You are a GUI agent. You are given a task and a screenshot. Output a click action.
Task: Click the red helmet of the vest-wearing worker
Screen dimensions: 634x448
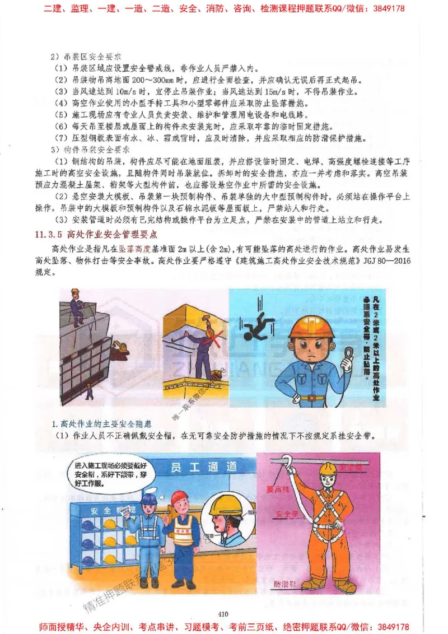(180, 497)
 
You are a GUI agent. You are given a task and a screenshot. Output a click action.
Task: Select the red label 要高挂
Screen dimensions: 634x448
(278, 489)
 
